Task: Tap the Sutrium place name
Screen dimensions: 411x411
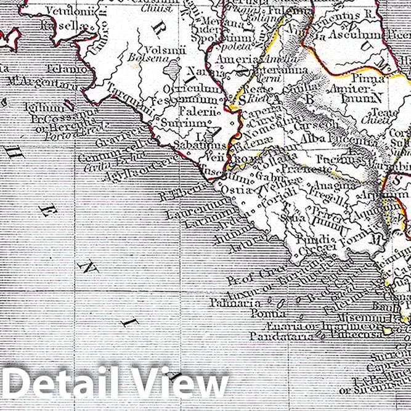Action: [x=175, y=123]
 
